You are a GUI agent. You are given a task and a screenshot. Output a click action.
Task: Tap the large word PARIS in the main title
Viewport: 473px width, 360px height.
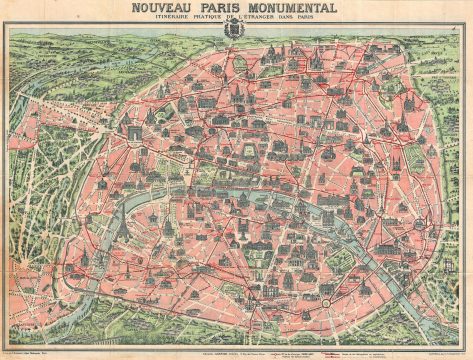click(x=225, y=10)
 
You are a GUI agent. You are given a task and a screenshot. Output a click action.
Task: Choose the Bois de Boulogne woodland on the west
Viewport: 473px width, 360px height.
click(x=45, y=180)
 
